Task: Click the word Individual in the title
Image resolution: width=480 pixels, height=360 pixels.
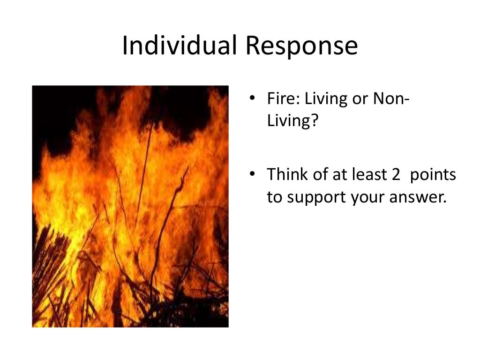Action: pyautogui.click(x=180, y=46)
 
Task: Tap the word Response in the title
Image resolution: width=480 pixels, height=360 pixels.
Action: pyautogui.click(x=302, y=46)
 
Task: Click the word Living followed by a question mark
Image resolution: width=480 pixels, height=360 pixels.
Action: pyautogui.click(x=287, y=121)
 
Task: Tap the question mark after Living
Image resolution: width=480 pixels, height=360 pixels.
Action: pyautogui.click(x=315, y=121)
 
